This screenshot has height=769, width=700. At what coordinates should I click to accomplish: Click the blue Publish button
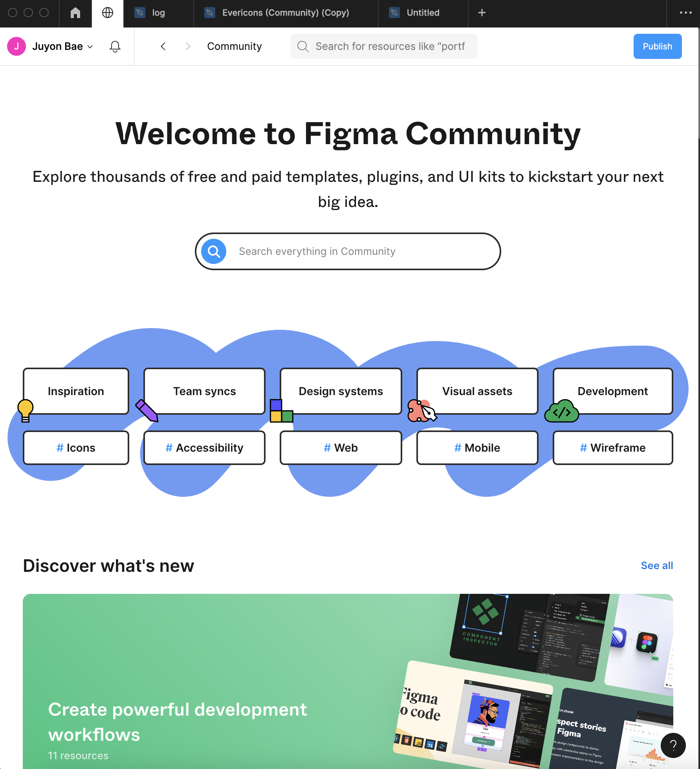[657, 46]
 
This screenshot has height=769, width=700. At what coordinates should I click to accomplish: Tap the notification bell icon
[115, 46]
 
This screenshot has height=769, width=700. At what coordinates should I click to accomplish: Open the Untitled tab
[423, 13]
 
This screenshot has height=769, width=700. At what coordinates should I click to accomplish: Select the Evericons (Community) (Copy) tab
[285, 13]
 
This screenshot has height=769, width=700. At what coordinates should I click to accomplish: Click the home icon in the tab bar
[75, 13]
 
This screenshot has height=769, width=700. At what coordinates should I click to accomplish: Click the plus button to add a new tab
[482, 13]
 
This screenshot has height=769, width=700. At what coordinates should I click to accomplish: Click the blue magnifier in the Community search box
[214, 251]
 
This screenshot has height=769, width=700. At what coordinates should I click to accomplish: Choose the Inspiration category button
[76, 391]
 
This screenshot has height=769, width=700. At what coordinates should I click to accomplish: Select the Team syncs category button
[204, 391]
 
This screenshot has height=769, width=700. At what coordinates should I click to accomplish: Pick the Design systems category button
[341, 391]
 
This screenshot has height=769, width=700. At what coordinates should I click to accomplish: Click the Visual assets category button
[477, 391]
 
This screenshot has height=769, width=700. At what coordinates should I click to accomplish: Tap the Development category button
[612, 391]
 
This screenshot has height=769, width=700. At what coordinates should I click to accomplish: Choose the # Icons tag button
[76, 448]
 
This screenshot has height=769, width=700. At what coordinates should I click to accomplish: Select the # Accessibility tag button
[204, 448]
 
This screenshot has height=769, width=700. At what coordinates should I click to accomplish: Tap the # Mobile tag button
[477, 448]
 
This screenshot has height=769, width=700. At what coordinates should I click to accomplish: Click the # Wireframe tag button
[612, 448]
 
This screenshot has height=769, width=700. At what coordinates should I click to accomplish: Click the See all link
[657, 566]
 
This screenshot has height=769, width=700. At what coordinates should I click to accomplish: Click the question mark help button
[673, 745]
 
